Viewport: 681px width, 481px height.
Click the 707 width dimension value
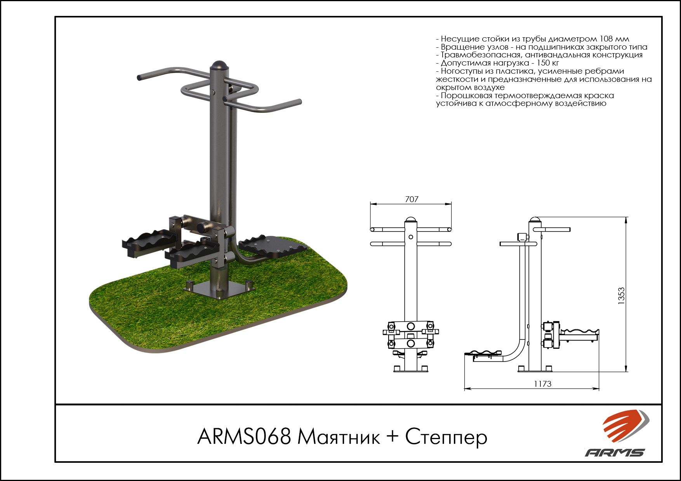[412, 199]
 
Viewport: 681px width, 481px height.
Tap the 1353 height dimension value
[622, 296]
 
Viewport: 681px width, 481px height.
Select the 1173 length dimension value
[542, 384]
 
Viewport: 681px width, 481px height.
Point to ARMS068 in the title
[244, 436]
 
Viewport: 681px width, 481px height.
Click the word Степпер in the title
[446, 438]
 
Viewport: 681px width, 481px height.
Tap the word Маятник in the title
[339, 437]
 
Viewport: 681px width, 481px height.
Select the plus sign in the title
[393, 436]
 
